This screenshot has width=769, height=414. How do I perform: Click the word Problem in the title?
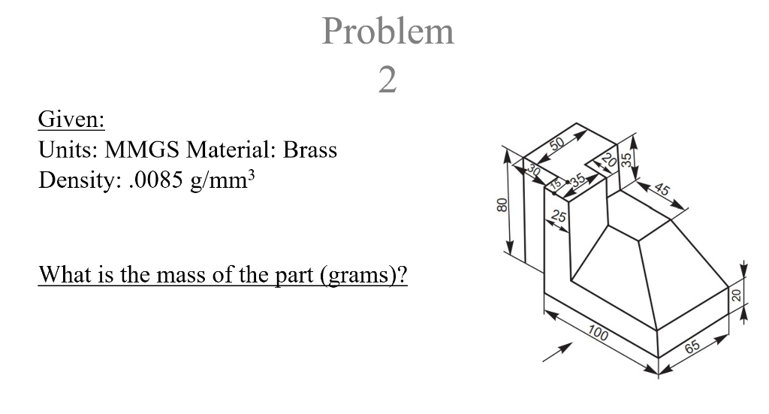click(388, 32)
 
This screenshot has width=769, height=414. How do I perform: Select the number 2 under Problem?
click(388, 79)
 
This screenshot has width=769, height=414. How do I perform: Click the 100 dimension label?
click(599, 333)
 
